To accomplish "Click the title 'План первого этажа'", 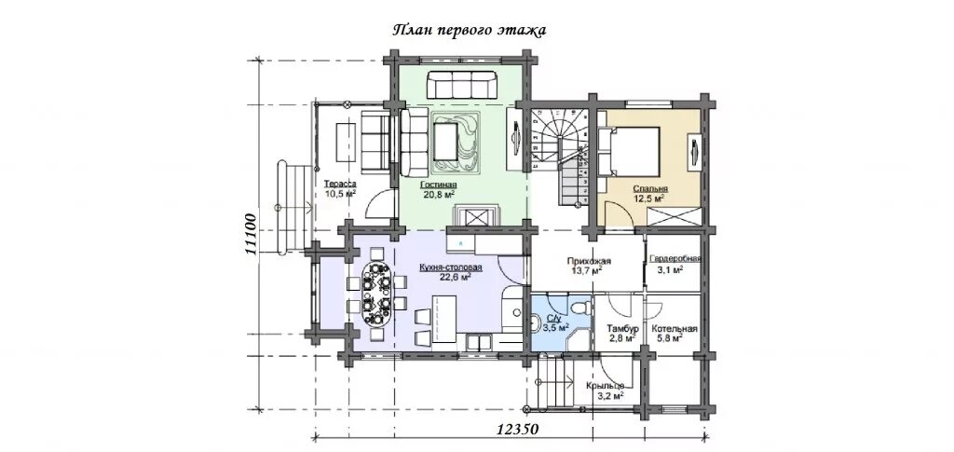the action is coord(468,31).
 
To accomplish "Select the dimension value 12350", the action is coord(518,429).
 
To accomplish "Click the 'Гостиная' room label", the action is coord(438,185).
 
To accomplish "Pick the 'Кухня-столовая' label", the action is coord(451,267).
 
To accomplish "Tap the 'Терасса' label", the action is coord(339,184).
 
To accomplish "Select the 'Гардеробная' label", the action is coord(675,257).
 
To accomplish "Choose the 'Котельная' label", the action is coord(675,329).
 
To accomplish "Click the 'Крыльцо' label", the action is coord(606,386).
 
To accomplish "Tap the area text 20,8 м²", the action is coord(440,194).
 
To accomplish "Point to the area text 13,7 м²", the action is coord(587,270).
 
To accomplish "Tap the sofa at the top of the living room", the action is coord(462,85).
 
